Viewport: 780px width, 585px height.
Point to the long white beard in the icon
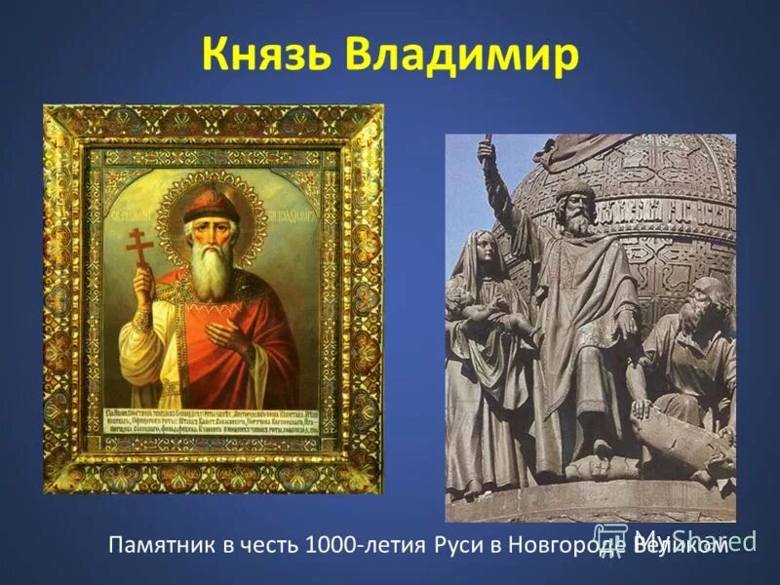(x=211, y=268)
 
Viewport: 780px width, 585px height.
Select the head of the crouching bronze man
(x=706, y=297)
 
